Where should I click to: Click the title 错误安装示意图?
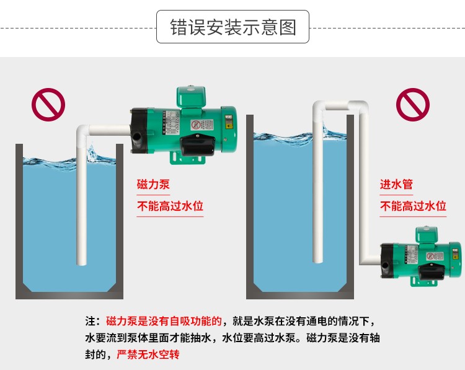(232, 27)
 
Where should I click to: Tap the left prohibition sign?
(48, 105)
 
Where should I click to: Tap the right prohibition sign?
(413, 105)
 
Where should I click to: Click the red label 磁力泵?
(153, 185)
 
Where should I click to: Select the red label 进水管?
(396, 185)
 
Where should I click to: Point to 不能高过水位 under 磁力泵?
(170, 206)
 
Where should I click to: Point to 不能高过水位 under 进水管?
(413, 206)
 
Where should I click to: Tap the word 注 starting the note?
(91, 321)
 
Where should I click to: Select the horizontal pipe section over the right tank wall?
(338, 105)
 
